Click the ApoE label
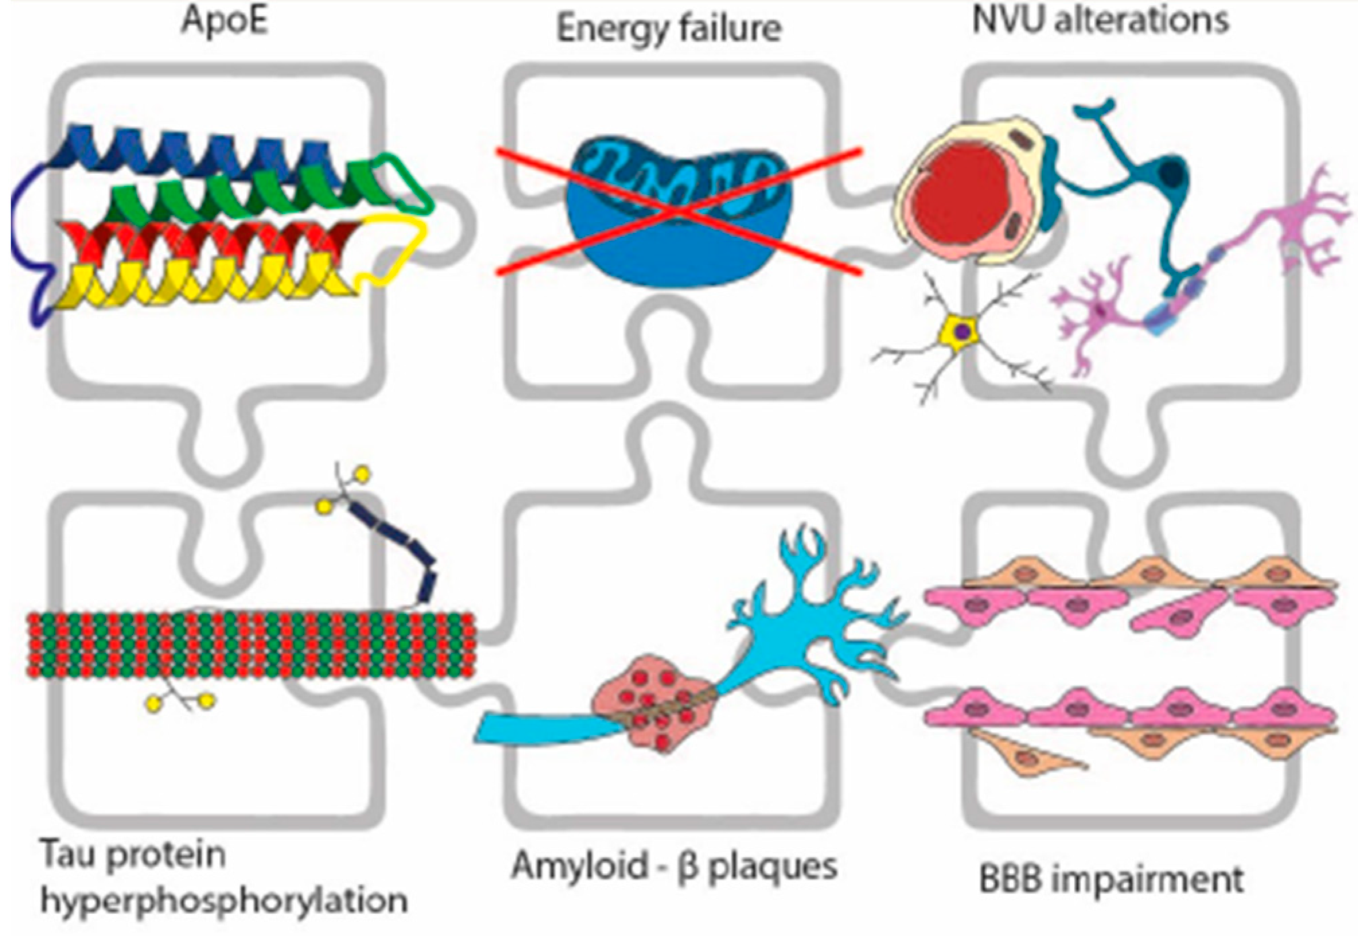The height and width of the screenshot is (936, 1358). (224, 20)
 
